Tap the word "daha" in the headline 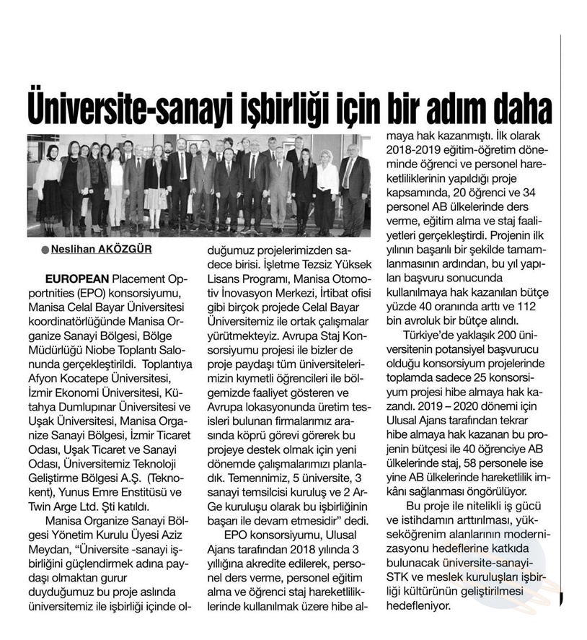(x=519, y=108)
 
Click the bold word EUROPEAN (x=76, y=278)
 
